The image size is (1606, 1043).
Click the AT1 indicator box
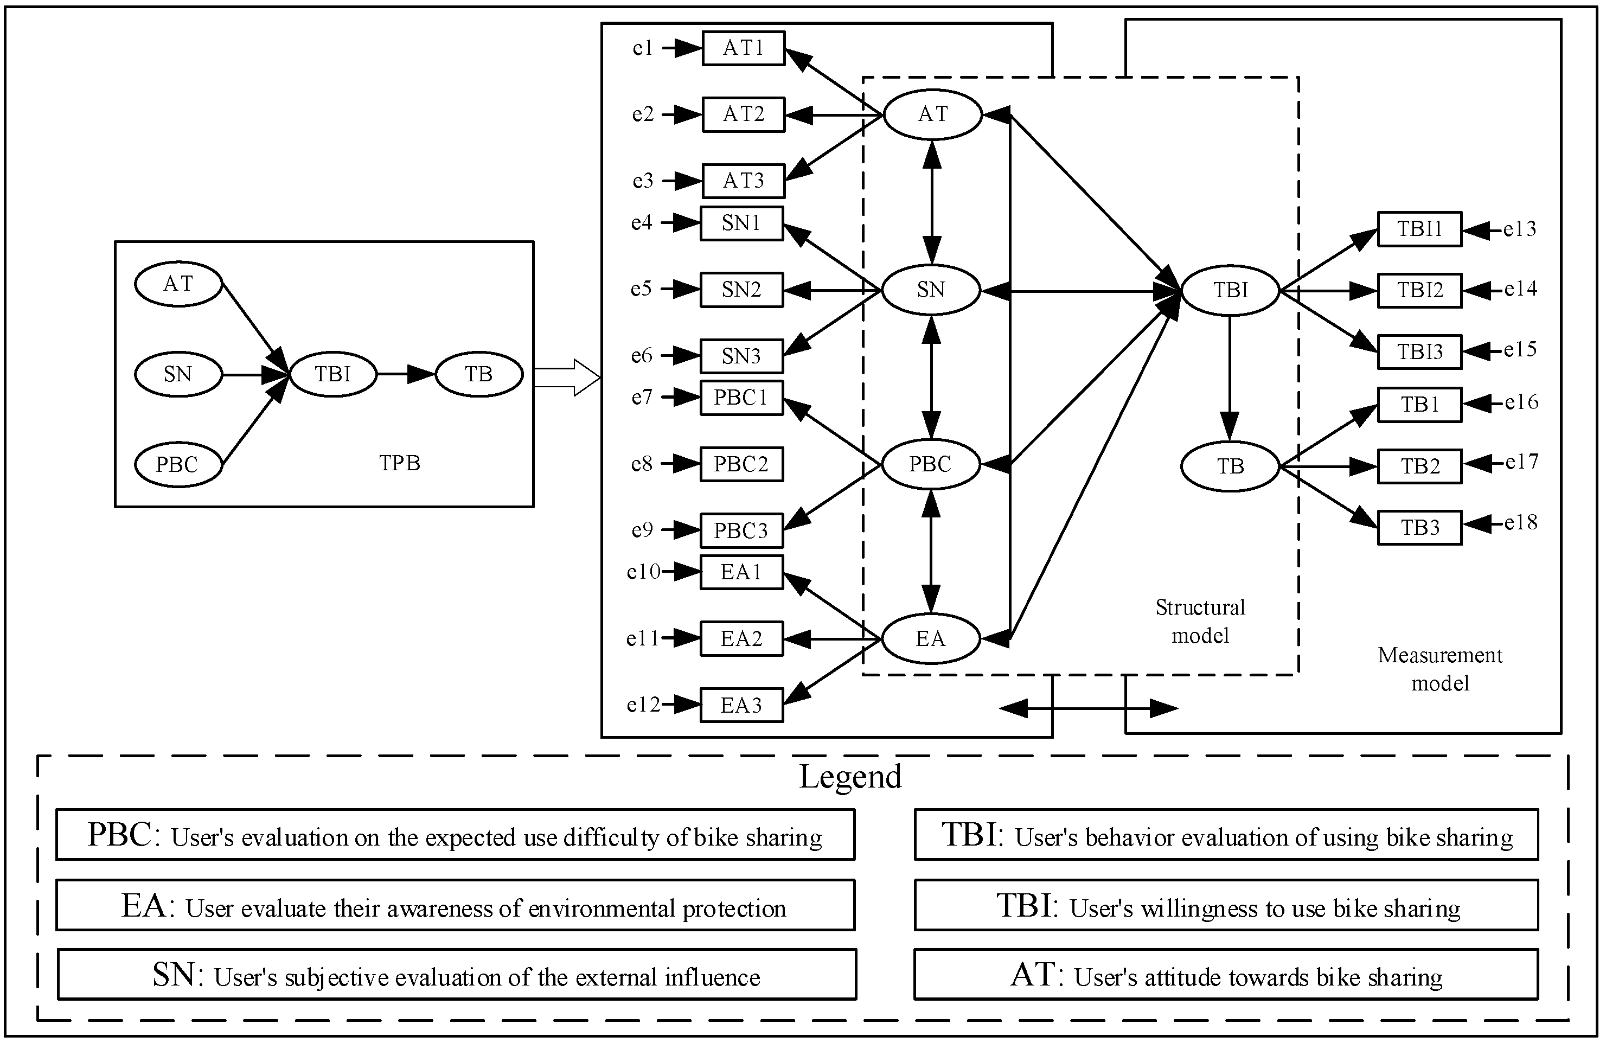743,48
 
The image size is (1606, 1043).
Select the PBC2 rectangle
741,464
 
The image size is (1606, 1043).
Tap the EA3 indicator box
741,705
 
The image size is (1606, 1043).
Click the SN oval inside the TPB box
178,374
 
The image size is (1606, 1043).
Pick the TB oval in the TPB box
478,374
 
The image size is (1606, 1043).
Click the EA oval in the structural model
931,638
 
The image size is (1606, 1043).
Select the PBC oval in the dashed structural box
931,464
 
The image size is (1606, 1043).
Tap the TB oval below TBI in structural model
1230,466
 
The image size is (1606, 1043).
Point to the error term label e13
1520,229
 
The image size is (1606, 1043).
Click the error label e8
642,464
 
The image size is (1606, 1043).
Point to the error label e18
1521,522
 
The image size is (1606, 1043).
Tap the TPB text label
400,463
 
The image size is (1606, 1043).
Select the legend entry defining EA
455,905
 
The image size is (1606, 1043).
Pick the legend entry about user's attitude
1225,976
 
